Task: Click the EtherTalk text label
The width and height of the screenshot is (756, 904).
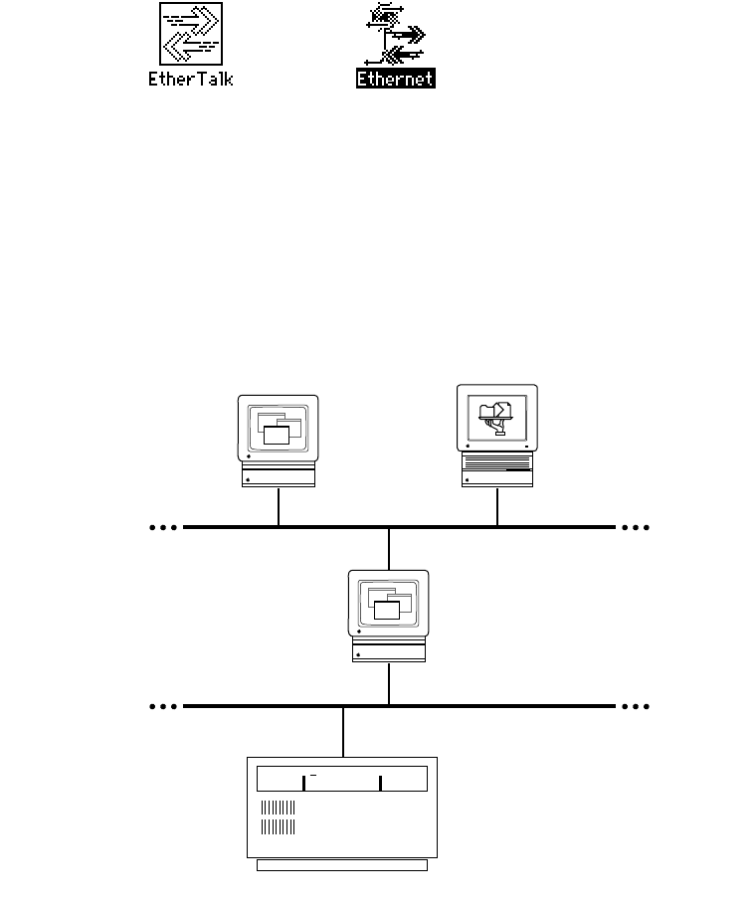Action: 191,78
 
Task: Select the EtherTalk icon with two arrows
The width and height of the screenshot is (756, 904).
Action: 191,34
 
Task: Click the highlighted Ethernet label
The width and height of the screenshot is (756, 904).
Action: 396,78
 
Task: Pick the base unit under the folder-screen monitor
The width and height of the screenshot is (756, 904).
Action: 497,473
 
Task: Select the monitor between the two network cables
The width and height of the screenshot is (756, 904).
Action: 389,604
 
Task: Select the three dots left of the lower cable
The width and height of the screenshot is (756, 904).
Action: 162,706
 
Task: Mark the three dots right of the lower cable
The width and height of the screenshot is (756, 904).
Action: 635,706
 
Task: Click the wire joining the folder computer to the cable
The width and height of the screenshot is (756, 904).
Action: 497,506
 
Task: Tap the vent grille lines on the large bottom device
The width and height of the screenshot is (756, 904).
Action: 278,816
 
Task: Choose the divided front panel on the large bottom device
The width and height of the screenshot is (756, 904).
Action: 342,779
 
